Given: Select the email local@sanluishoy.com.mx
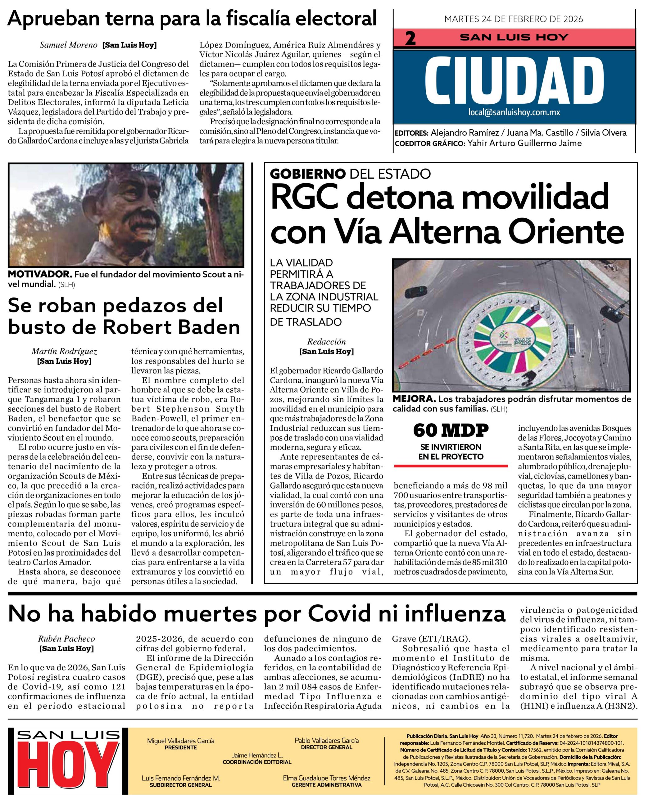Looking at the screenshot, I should (x=514, y=112).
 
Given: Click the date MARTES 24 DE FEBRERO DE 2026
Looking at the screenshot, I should (x=513, y=19).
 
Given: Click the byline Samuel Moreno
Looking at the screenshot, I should (x=69, y=45).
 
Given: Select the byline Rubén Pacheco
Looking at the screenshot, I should (x=66, y=639).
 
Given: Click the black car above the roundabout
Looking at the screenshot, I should (x=414, y=292).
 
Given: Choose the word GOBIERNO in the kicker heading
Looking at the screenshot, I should (x=308, y=174).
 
